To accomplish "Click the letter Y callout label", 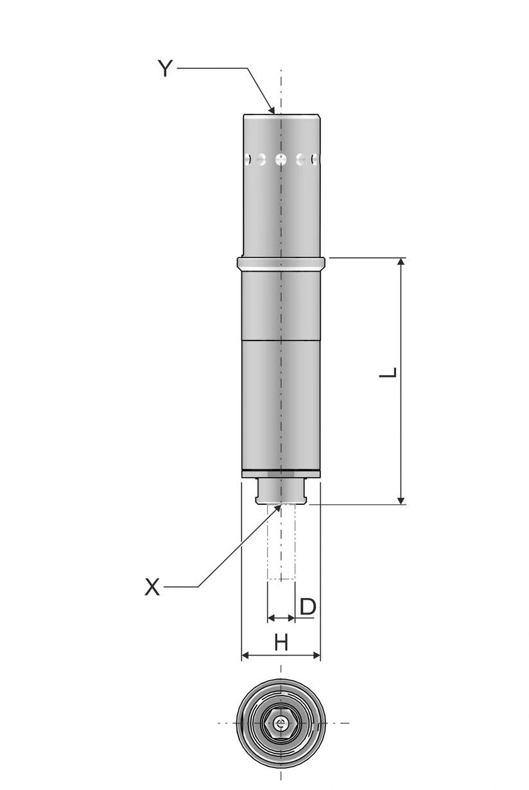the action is click(165, 69).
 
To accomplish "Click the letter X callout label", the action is click(153, 587).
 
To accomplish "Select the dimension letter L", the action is click(388, 373).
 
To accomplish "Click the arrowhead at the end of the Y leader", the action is click(272, 109).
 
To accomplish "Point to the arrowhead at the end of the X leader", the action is click(278, 508).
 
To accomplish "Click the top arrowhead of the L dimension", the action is click(401, 261).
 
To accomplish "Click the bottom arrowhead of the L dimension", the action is click(401, 500).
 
